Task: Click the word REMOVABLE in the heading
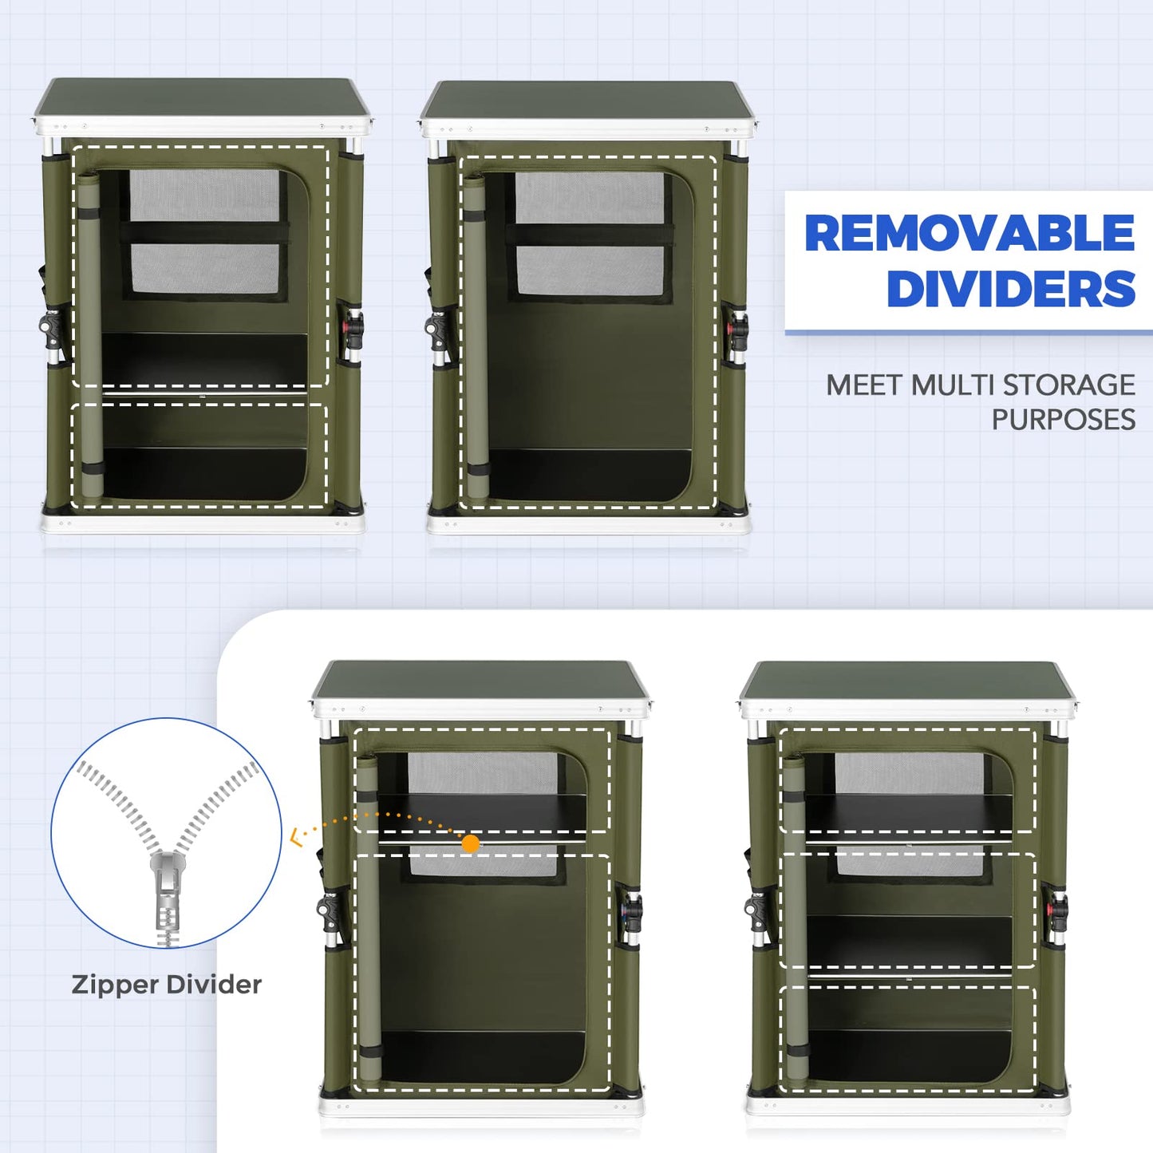pos(969,233)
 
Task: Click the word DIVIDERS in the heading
pos(1011,288)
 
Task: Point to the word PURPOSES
pos(1064,420)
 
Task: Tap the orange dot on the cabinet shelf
pos(471,843)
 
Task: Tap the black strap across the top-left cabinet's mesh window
pos(204,232)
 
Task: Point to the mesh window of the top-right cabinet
pos(590,233)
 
